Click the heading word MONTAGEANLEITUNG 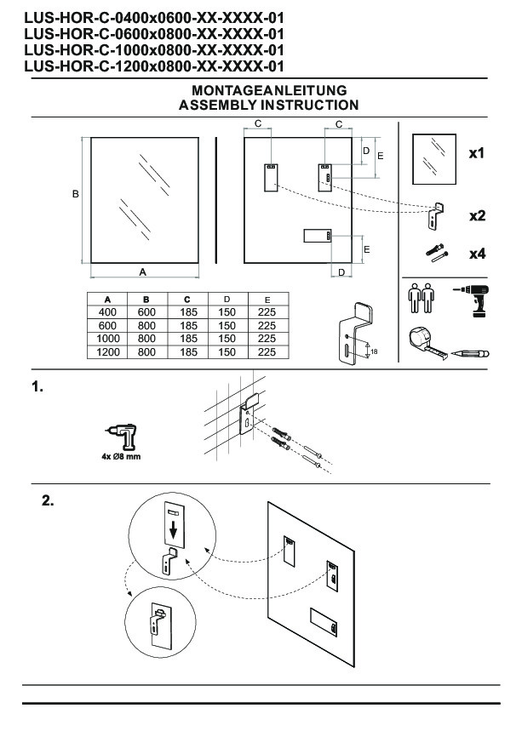(x=268, y=90)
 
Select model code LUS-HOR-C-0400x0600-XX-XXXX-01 (x=153, y=15)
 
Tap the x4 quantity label (x=477, y=254)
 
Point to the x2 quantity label (x=477, y=215)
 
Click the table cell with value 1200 (x=108, y=351)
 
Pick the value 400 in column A (x=108, y=311)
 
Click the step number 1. (x=37, y=387)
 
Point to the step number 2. (x=49, y=501)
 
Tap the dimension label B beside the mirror (x=76, y=195)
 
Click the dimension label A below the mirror (x=143, y=271)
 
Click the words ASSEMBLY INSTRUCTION (x=268, y=105)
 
